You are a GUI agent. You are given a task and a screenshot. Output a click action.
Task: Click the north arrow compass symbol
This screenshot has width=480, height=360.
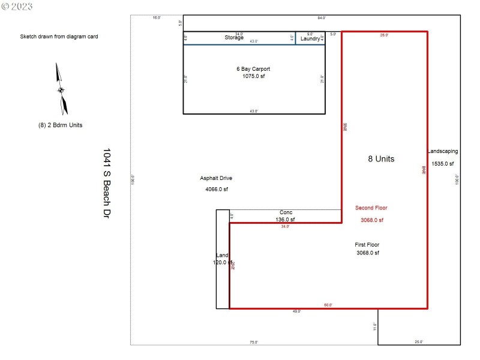tap(61, 89)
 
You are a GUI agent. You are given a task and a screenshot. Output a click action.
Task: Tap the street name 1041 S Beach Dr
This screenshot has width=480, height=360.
tap(107, 182)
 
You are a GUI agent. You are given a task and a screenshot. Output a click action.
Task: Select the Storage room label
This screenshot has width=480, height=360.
tap(234, 38)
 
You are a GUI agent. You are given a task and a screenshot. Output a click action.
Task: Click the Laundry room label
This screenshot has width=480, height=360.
tap(310, 38)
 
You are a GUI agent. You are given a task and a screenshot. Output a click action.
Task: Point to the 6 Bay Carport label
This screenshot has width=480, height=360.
tap(253, 69)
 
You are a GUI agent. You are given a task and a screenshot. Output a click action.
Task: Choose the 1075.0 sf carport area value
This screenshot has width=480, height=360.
tap(253, 77)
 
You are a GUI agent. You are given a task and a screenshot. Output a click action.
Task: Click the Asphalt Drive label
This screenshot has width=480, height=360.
tap(216, 178)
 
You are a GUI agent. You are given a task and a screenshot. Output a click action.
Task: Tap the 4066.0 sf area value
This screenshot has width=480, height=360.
tap(216, 190)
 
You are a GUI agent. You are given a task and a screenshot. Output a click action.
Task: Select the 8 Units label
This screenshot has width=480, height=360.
tap(381, 159)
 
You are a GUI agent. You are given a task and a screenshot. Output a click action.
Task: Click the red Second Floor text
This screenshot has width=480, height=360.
tap(371, 208)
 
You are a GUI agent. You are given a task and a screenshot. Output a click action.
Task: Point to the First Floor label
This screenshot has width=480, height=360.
tap(367, 245)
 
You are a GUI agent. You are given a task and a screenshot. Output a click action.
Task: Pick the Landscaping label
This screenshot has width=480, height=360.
tap(443, 152)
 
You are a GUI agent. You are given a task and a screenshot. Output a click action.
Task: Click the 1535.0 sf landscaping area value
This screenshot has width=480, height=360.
tap(443, 163)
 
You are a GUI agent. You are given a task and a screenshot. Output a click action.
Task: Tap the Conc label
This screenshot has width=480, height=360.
tap(286, 212)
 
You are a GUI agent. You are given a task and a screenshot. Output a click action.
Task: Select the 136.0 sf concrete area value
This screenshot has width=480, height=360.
tap(285, 220)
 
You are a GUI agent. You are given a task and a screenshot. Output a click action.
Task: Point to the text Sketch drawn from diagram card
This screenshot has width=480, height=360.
tap(59, 37)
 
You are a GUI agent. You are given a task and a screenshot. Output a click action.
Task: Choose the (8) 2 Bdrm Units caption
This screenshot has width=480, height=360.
tap(60, 125)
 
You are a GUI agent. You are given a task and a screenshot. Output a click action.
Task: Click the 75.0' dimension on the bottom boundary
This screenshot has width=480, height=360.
tap(254, 342)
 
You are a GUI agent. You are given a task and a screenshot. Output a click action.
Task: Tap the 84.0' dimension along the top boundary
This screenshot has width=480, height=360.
tap(322, 18)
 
